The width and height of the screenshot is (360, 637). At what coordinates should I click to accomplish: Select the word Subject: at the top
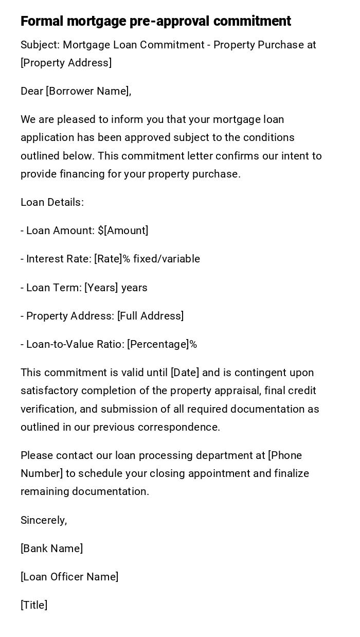coord(40,45)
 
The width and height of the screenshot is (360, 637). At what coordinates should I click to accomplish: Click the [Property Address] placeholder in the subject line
coord(66,63)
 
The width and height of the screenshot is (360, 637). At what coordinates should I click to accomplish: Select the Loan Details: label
coord(52,202)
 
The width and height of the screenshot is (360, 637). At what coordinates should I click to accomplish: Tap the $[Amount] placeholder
coord(123,231)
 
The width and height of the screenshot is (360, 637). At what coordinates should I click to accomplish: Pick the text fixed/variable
coord(167,259)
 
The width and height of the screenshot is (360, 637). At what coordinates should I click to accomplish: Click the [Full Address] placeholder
coord(150,316)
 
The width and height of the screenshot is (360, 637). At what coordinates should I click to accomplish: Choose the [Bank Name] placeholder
coord(51,548)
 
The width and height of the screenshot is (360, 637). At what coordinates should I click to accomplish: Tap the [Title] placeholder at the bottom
coord(34,605)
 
